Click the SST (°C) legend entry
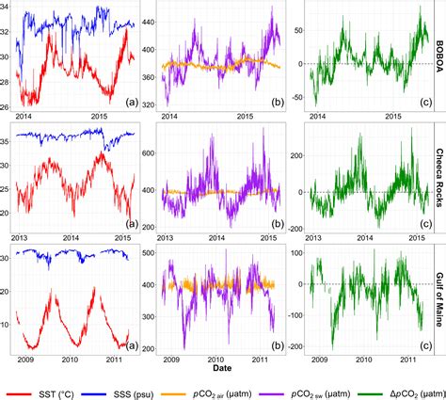pos(40,394)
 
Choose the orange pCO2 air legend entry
pos(206,394)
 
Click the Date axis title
pos(222,368)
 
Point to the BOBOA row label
pos(439,56)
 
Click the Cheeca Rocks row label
pos(439,178)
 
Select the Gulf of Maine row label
pos(439,299)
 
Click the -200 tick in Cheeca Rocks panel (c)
pos(295,229)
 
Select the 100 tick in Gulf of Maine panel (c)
pos(297,253)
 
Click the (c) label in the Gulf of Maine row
pos(425,345)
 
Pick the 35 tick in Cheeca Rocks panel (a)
pos(6,141)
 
